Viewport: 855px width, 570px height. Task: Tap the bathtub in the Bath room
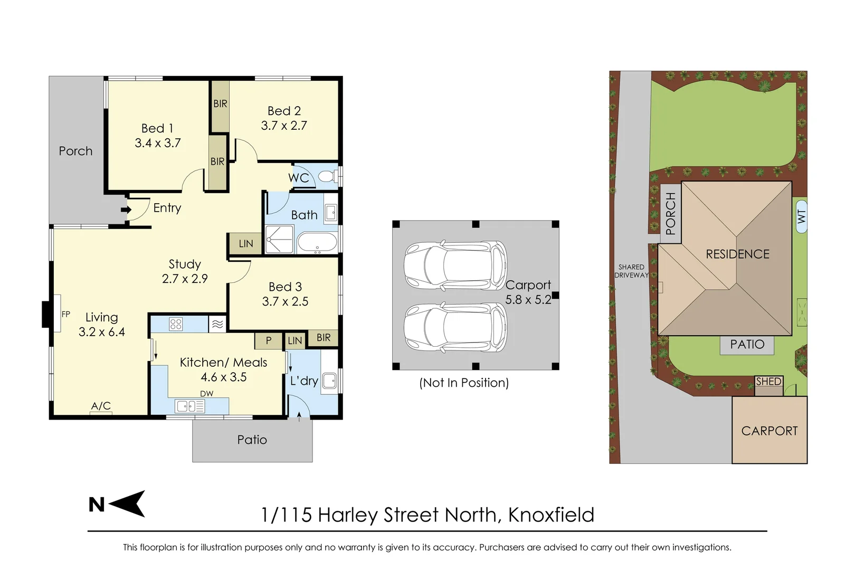[x=317, y=243]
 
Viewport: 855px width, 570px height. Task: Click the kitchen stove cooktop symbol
[x=176, y=324]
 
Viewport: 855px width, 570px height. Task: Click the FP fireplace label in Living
[x=66, y=314]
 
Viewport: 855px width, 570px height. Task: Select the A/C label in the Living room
[x=101, y=406]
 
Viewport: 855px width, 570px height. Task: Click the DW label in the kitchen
[x=207, y=394]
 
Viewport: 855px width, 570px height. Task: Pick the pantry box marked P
[x=268, y=340]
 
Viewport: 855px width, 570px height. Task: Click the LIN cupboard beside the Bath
[x=245, y=244]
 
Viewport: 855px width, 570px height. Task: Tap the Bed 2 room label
[x=284, y=111]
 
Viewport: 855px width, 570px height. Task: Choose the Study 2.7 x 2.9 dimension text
[x=185, y=279]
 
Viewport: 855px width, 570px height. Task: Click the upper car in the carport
[x=455, y=265]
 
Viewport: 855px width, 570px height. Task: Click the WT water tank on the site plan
[x=801, y=216]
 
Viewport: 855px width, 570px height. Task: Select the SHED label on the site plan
[x=768, y=381]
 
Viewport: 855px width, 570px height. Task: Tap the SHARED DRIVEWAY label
[x=631, y=271]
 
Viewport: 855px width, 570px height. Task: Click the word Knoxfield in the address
[x=551, y=515]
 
